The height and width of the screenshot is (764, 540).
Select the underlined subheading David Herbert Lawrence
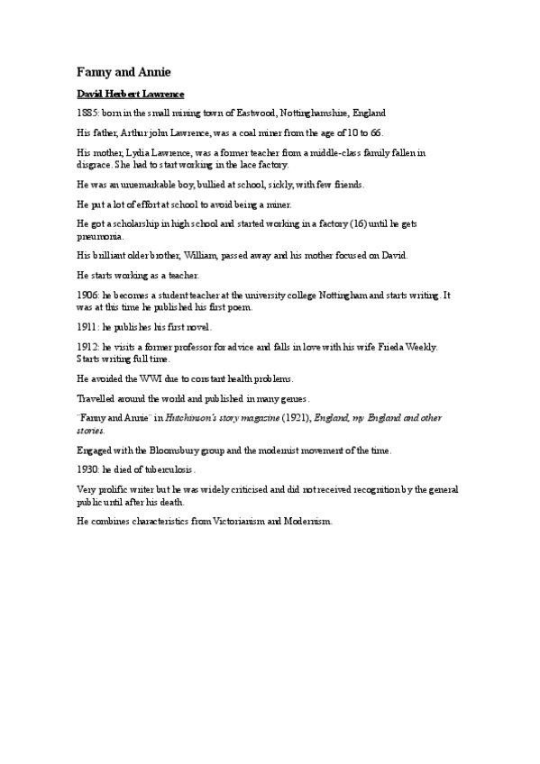(131, 94)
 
